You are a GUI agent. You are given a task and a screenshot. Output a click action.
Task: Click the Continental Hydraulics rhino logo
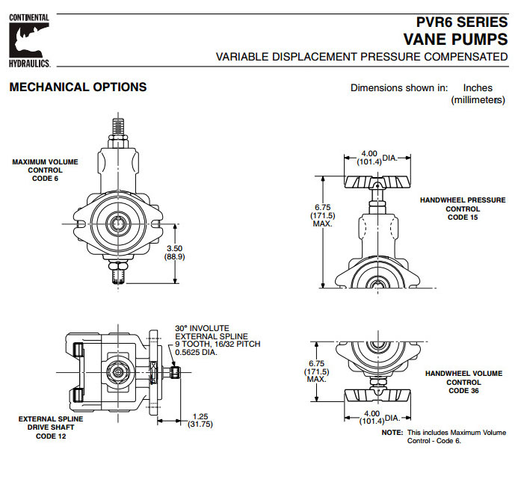point(29,39)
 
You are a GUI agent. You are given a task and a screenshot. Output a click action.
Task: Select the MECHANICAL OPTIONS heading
point(78,87)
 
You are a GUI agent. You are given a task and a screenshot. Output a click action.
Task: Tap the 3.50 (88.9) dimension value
point(174,251)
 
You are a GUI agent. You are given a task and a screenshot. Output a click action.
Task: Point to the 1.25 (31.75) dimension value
point(200,421)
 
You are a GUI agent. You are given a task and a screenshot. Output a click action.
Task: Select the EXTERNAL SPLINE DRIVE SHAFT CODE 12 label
point(51,427)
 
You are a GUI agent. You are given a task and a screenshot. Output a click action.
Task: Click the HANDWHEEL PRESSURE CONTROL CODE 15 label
point(456,208)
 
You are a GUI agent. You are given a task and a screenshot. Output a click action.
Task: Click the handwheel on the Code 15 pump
point(378,182)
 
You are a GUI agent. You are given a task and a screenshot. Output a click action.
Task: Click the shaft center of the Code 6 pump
point(118,222)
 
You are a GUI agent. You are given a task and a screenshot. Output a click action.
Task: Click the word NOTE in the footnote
point(392,433)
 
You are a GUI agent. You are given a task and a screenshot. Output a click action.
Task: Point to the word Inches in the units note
point(478,87)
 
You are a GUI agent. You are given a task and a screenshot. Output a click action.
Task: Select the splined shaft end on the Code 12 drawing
point(174,371)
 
